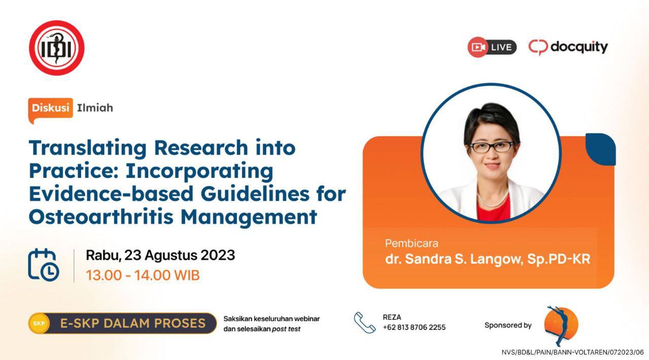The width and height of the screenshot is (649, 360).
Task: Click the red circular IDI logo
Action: point(57,48)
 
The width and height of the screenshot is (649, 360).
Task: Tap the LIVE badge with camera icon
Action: point(492,47)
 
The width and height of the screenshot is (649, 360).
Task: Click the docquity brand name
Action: point(579,48)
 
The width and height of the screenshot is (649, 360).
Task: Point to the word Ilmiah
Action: point(95,108)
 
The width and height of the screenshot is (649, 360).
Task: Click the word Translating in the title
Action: point(88,149)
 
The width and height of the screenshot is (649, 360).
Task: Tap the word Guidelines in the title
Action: point(255,194)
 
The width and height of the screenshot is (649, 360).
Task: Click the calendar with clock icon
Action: point(44,265)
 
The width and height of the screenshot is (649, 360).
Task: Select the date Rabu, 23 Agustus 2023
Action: point(161,256)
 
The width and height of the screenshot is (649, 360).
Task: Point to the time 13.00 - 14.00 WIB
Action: point(143,275)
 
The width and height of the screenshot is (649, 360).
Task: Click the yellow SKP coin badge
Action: point(39,323)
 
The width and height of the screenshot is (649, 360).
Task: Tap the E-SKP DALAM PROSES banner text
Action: point(133,323)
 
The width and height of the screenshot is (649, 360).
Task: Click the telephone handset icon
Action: point(365,322)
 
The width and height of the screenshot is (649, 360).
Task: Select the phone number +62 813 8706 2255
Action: point(414,328)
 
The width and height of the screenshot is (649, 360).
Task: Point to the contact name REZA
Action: point(392,317)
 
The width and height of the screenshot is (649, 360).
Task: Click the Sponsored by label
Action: point(508,325)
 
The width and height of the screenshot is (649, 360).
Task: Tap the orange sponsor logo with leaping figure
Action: point(561,325)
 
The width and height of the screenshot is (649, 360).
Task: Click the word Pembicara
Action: point(411,243)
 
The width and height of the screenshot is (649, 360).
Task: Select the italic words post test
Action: point(286,329)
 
